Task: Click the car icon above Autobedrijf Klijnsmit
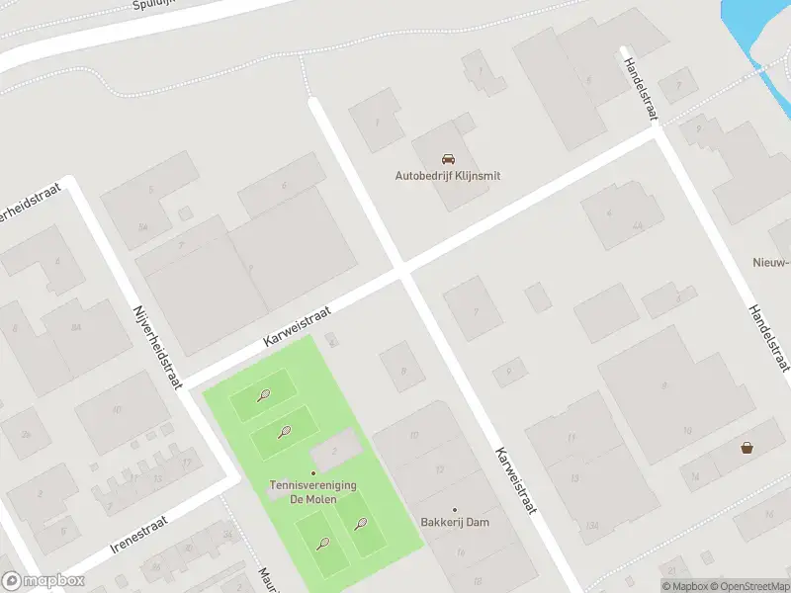click(448, 159)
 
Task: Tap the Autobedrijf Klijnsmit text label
click(448, 176)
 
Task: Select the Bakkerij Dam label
click(455, 523)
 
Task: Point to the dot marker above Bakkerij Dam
click(455, 510)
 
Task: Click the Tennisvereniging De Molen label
click(313, 492)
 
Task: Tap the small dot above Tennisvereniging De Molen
click(313, 473)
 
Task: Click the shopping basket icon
click(747, 448)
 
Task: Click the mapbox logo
click(43, 581)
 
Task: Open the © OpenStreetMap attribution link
click(748, 586)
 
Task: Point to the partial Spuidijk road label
click(154, 5)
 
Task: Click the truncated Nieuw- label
click(769, 262)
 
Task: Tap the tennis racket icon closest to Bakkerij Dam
click(361, 524)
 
